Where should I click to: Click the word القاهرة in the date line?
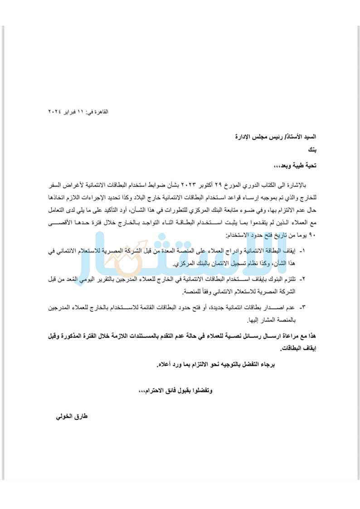tap(101, 111)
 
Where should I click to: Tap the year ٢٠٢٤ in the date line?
tap(55, 111)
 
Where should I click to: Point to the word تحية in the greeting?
tap(308, 166)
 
